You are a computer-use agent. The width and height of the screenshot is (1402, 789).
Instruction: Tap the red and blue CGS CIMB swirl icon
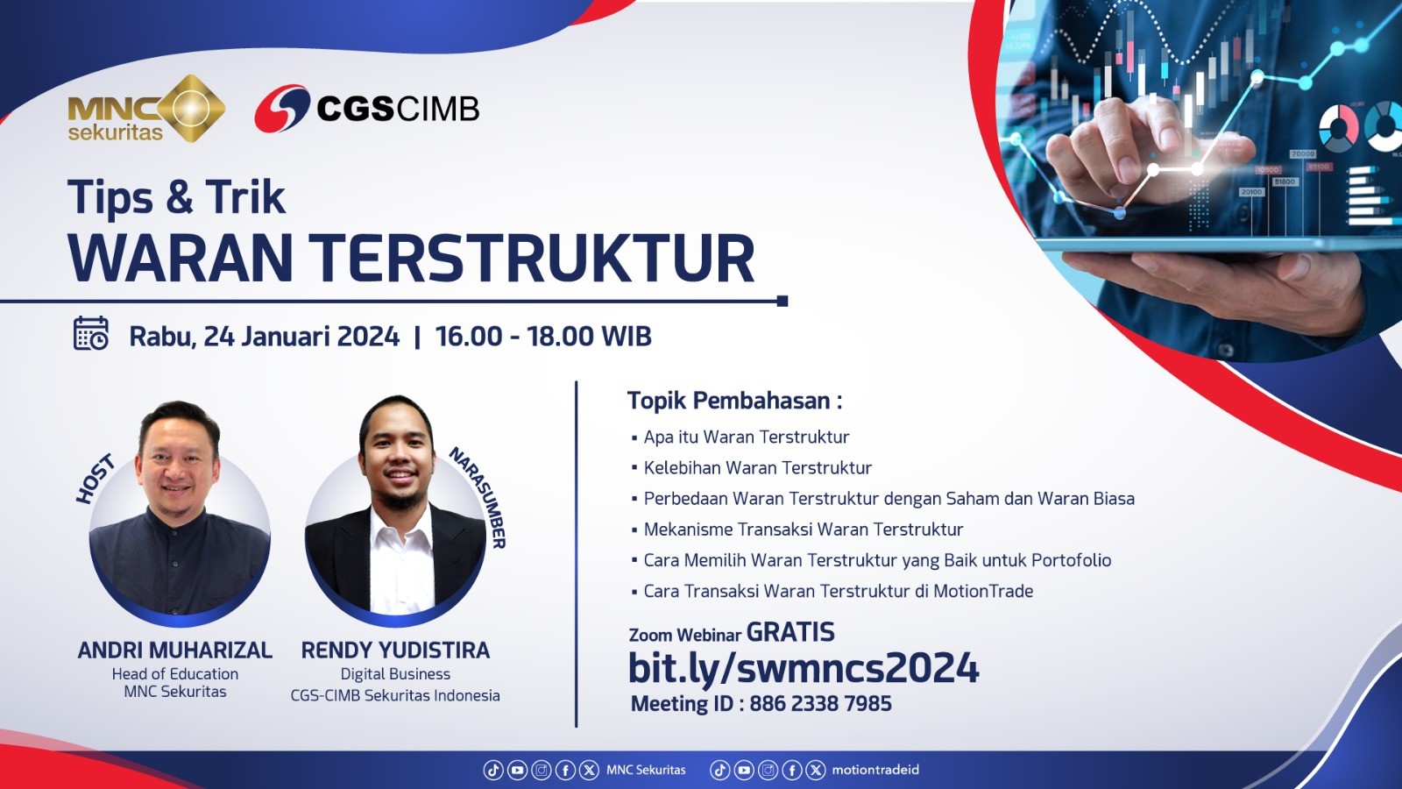pos(281,109)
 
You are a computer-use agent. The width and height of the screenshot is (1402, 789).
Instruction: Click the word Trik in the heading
pos(246,196)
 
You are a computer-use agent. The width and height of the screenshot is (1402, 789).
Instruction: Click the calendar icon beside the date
pos(91,333)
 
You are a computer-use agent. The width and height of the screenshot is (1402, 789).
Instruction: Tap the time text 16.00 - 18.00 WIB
pos(543,337)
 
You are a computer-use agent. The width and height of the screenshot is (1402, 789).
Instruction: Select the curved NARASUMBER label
pos(478,497)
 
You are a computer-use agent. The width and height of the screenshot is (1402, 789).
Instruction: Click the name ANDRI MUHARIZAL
pos(174,650)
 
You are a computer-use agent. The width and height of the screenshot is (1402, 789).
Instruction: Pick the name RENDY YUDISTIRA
pos(395,650)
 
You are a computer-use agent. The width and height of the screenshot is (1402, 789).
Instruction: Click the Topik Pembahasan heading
pos(735,401)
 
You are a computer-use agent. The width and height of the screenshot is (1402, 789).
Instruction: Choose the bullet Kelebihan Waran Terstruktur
pos(757,468)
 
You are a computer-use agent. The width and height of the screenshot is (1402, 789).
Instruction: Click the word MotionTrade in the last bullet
pos(983,591)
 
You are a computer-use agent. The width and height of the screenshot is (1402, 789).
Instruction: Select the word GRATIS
pos(790,632)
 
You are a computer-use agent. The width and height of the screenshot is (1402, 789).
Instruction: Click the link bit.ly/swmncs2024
pos(803,667)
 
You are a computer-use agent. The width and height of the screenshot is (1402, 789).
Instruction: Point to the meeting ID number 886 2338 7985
pos(820,704)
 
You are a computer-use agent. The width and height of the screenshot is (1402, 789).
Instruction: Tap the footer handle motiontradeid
pos(875,770)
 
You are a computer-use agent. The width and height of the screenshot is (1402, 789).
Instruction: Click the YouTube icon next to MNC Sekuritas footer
pos(517,771)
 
